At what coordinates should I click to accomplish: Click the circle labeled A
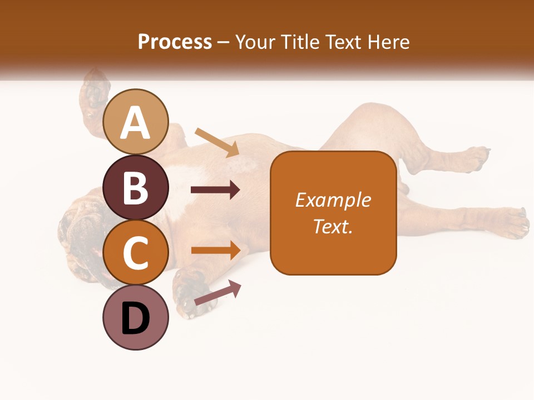tap(136, 122)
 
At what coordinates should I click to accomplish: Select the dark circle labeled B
tap(136, 187)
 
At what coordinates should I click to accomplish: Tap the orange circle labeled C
tap(136, 253)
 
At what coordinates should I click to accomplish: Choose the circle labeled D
tap(136, 318)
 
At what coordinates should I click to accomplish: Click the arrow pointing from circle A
tap(217, 142)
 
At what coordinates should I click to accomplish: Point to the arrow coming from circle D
tap(217, 293)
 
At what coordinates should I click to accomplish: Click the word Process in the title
tap(175, 42)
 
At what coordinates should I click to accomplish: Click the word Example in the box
tap(333, 200)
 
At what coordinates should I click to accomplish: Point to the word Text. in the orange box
tap(333, 226)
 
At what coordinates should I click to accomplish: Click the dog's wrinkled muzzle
tap(78, 233)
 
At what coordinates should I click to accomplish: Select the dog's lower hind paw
tap(512, 222)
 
